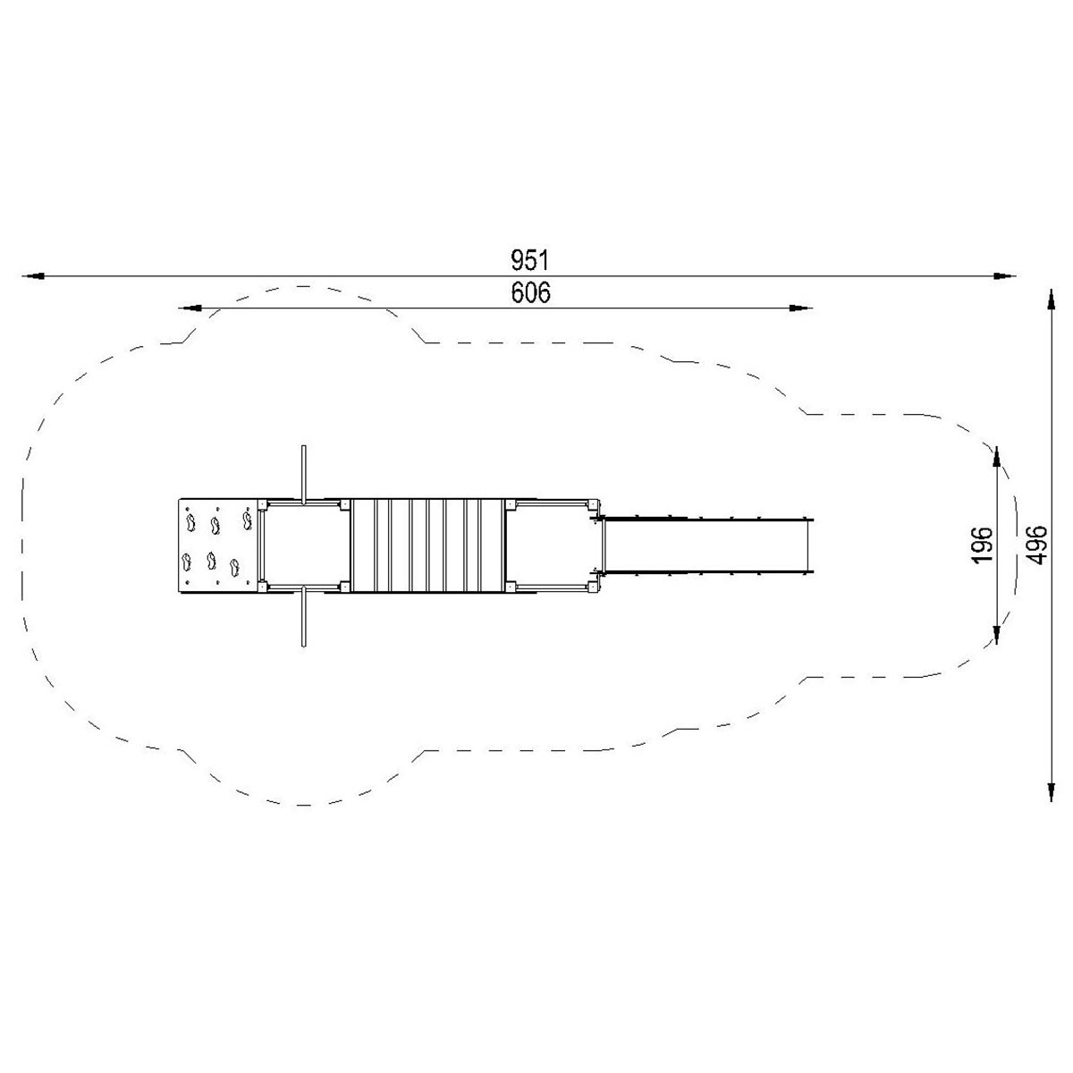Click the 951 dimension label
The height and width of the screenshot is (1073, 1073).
(x=529, y=260)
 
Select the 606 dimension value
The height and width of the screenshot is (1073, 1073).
(x=530, y=293)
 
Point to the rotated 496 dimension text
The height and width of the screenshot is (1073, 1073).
(x=1036, y=545)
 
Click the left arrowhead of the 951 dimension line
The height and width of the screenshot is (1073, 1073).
(x=33, y=275)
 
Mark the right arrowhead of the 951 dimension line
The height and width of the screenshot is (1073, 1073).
(x=1004, y=275)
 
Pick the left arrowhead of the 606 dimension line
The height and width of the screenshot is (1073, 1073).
(x=190, y=308)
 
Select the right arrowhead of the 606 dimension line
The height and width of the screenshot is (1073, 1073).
(x=801, y=308)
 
